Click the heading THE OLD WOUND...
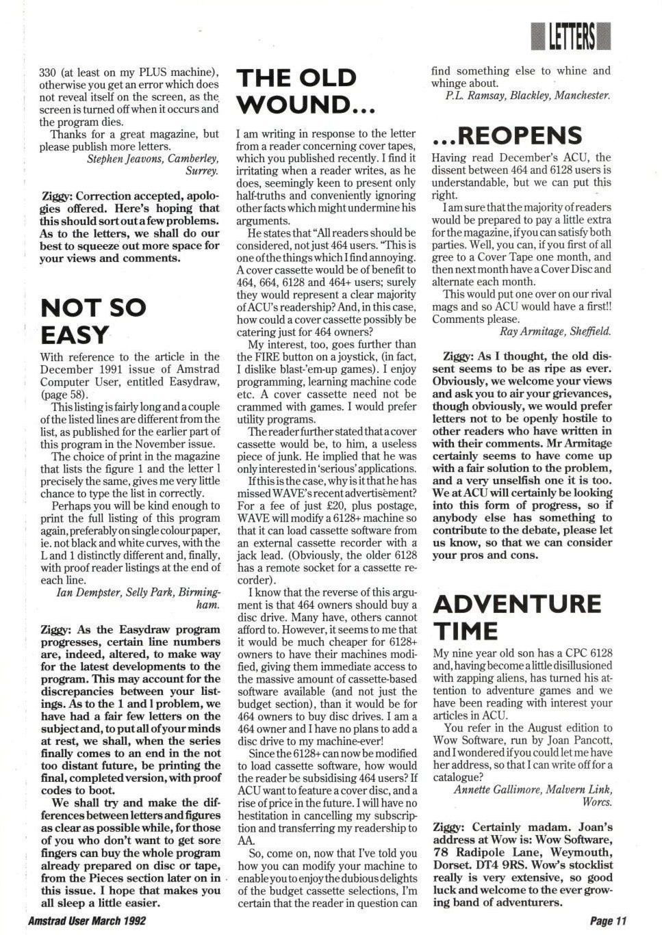(x=296, y=91)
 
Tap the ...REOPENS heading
(x=507, y=135)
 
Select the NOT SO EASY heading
(x=93, y=321)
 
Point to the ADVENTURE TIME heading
(x=517, y=616)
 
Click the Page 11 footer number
(x=608, y=921)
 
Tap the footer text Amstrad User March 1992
(x=87, y=921)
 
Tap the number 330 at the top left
(x=51, y=72)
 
